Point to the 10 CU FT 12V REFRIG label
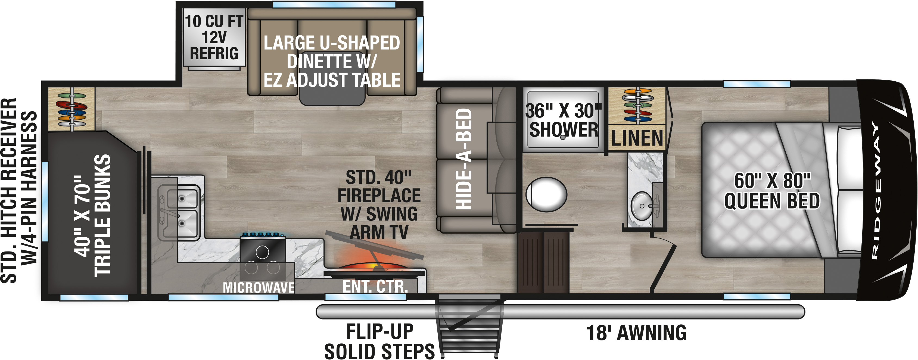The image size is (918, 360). click(x=214, y=38)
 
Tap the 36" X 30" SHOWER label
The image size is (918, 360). click(x=564, y=120)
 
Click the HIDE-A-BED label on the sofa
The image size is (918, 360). click(x=464, y=159)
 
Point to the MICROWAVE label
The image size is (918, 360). click(x=259, y=287)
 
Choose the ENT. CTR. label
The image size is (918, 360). click(x=375, y=286)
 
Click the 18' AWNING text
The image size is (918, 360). click(x=636, y=333)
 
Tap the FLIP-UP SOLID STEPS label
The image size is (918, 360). click(x=379, y=342)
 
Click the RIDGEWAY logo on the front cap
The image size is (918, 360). click(x=875, y=190)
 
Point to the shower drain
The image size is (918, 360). click(x=563, y=137)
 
